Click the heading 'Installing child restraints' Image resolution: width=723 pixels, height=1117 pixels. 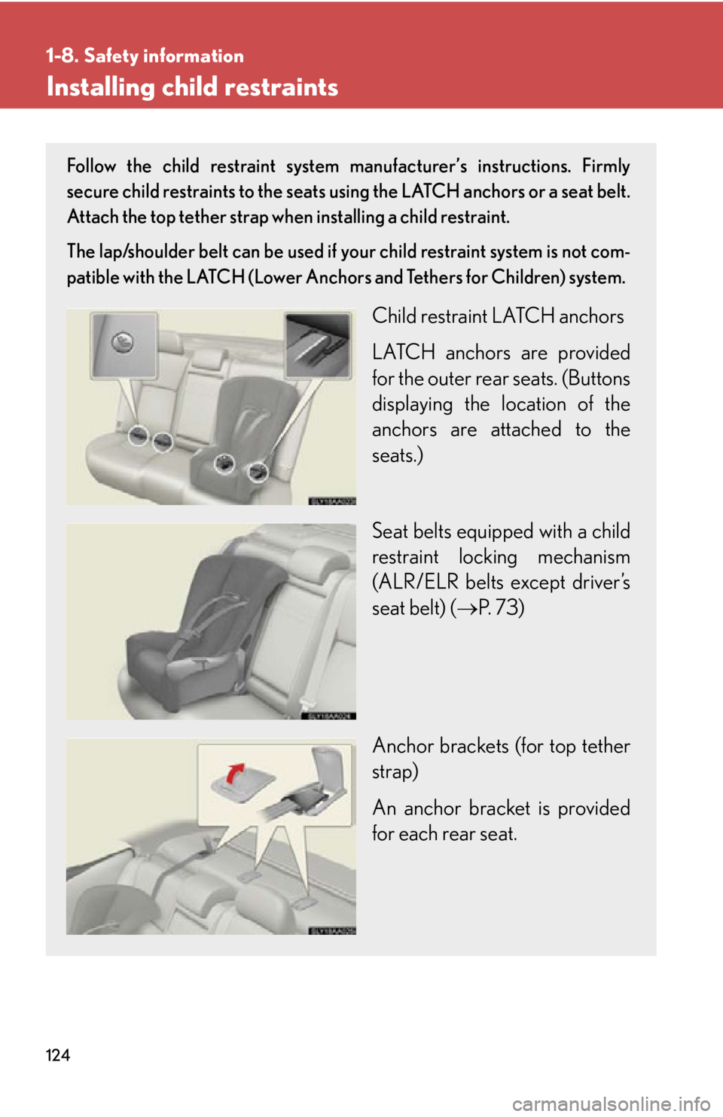coord(192,87)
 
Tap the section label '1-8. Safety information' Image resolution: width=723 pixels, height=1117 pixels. coord(145,56)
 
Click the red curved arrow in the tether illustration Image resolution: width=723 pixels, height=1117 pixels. coord(236,772)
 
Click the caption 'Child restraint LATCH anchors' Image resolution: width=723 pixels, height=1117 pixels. coord(498,316)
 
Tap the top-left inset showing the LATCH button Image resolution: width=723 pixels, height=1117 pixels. coord(124,345)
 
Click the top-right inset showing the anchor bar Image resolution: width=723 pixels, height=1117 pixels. coord(317,345)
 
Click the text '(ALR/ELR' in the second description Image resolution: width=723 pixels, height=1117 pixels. coord(415,583)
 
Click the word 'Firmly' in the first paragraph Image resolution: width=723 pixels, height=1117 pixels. coord(606,166)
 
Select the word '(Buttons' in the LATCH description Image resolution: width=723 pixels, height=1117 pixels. coord(596,379)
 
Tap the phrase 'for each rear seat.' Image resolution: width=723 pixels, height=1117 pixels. coord(444,834)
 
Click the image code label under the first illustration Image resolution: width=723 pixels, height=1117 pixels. coord(331,501)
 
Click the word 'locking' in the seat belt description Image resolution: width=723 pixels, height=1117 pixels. coord(487,557)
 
